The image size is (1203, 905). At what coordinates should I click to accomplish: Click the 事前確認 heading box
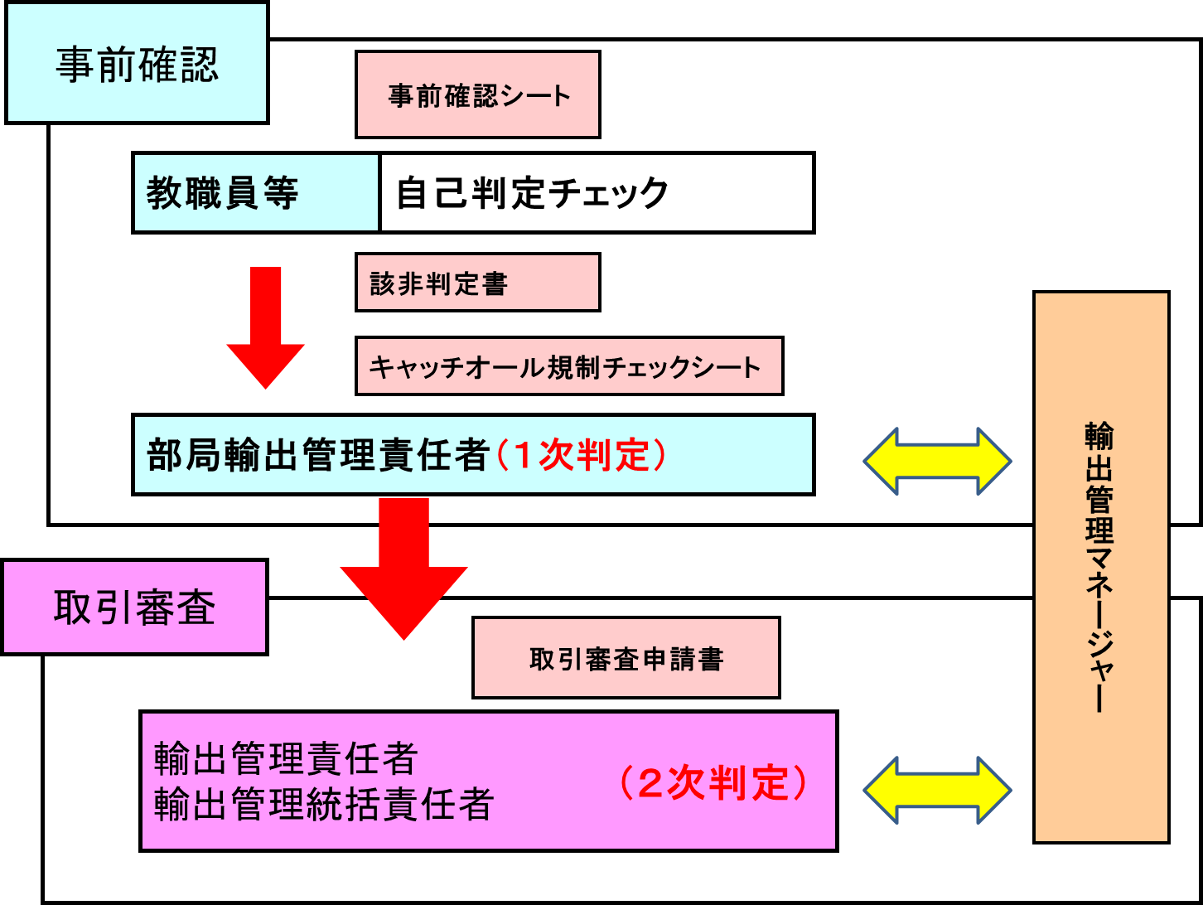137,65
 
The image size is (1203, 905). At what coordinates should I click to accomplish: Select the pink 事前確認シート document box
477,94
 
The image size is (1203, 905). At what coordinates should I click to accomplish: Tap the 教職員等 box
255,192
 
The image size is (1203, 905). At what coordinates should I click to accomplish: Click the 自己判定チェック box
597,192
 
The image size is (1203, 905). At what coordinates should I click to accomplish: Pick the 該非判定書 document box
477,283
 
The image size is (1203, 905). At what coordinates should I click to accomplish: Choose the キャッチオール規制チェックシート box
568,365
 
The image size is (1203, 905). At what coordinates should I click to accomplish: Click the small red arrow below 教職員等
265,327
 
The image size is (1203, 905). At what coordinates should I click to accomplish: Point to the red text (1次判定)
580,455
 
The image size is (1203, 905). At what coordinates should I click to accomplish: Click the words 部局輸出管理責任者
318,455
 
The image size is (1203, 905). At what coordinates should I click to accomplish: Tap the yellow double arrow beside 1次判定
937,462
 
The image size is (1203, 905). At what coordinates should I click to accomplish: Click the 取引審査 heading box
135,608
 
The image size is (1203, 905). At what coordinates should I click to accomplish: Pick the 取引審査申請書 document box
626,658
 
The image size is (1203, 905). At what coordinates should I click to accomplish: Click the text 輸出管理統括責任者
324,804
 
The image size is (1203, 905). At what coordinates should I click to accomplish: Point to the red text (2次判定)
712,782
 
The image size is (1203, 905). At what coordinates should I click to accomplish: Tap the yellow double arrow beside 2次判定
937,791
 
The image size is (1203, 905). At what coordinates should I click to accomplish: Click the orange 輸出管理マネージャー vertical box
1100,567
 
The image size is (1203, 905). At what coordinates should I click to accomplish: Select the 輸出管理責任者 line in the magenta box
286,757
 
